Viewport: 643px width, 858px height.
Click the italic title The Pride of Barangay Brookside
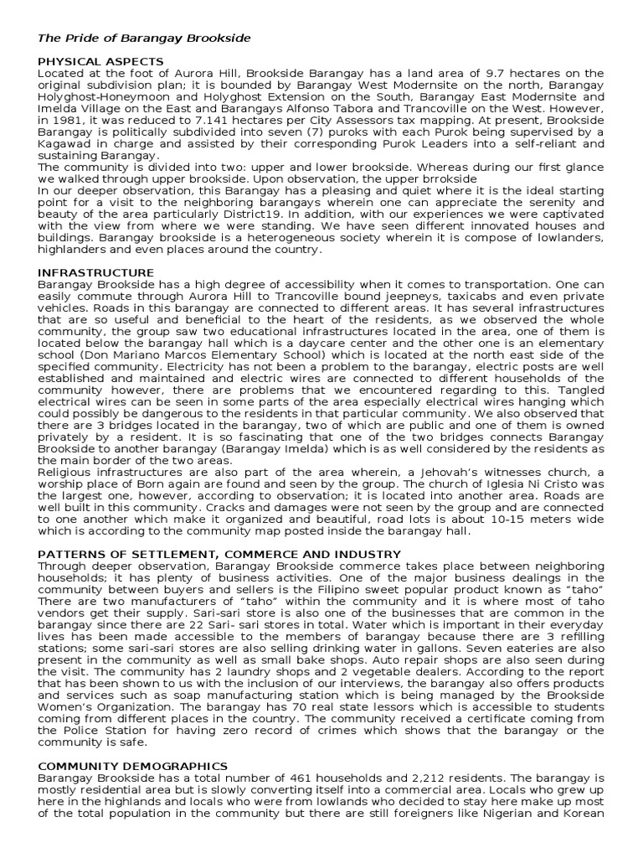(x=144, y=39)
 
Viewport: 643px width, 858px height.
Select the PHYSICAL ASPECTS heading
(x=100, y=62)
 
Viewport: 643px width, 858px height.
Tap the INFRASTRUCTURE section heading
(x=96, y=273)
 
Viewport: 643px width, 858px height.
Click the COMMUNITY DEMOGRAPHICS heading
(x=133, y=766)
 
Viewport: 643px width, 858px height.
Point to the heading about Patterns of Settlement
(x=220, y=555)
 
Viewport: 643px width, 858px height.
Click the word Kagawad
(x=66, y=144)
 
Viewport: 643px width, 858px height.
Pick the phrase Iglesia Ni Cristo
(x=518, y=484)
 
